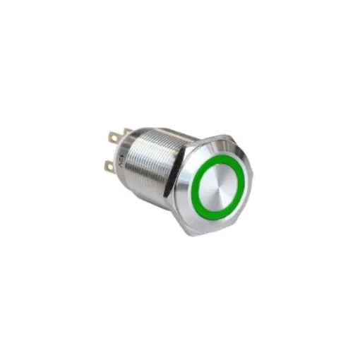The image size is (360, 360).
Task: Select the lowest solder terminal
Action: click(109, 166)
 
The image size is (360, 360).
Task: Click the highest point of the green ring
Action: click(220, 157)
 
